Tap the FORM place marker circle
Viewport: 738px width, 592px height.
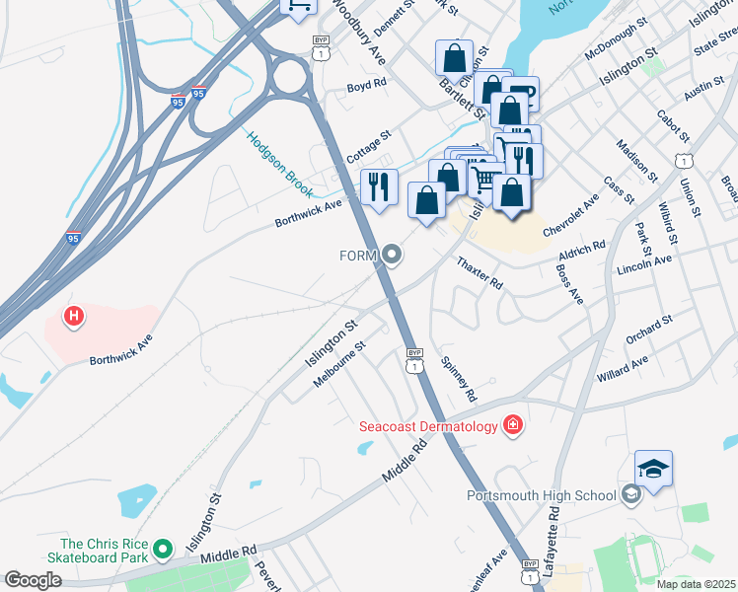pos(393,257)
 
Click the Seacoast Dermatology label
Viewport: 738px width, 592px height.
pos(428,426)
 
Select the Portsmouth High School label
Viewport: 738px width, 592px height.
pos(542,495)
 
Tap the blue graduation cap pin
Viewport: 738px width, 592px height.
pos(653,470)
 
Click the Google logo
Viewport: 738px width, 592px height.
pos(33,580)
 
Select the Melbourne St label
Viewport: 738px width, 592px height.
pos(339,364)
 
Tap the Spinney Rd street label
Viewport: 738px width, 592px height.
pos(459,379)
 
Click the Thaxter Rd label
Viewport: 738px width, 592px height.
pos(480,273)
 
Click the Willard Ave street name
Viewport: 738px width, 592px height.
pos(622,370)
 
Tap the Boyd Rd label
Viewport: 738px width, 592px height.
pos(365,87)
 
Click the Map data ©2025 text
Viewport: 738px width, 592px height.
pos(697,584)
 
